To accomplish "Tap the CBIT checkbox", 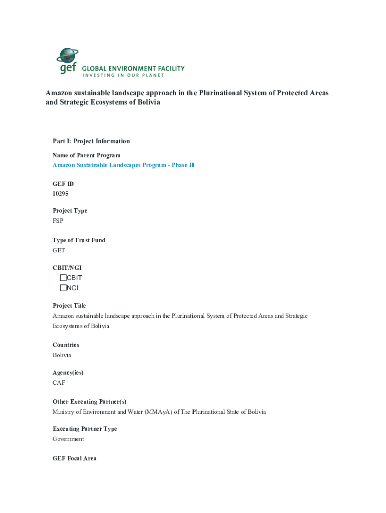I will point(63,278).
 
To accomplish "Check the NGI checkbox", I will point(63,288).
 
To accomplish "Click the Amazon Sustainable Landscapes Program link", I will point(123,165).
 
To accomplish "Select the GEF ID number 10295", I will point(60,193).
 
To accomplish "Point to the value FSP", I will point(58,221).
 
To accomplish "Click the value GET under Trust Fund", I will point(59,250).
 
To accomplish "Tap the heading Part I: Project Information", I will point(91,141).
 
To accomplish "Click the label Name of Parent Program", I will point(86,155).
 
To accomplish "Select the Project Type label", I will point(70,211).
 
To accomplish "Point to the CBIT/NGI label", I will point(67,268).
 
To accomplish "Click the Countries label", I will point(66,345).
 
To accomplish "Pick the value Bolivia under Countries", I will point(62,355).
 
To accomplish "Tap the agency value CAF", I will point(59,383).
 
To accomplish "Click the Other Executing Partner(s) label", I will point(89,402).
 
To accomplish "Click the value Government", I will point(68,439).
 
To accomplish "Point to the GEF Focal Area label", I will point(74,458).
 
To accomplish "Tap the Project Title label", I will point(69,306).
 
